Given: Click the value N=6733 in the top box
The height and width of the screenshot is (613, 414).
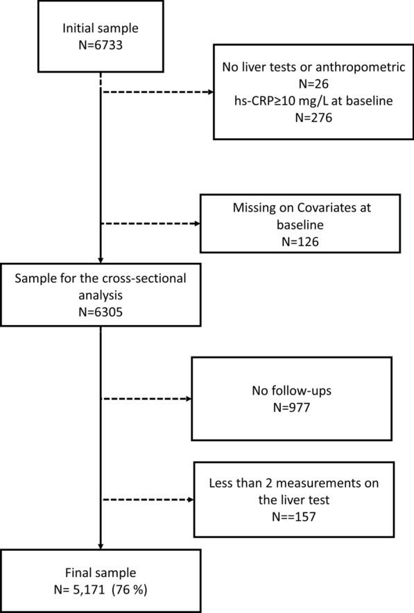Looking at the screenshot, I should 102,44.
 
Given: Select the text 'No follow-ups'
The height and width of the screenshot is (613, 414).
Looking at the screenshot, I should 291,390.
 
